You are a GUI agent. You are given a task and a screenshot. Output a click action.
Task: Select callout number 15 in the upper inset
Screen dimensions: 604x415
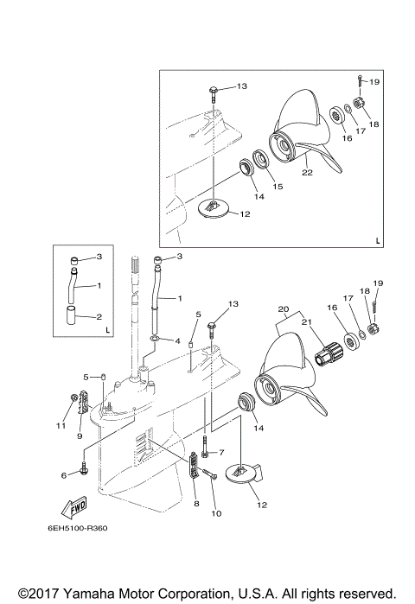click(278, 186)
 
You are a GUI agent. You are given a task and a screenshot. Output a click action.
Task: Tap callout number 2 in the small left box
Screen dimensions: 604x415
click(99, 317)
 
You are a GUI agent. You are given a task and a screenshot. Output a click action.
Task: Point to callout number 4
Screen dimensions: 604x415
click(177, 340)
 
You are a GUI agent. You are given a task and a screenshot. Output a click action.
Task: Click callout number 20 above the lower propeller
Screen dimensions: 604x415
click(282, 308)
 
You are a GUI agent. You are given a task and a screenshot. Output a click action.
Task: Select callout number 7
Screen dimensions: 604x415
click(221, 452)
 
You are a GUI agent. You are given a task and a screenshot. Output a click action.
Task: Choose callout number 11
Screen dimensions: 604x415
click(61, 426)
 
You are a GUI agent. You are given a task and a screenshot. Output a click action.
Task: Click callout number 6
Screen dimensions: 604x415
click(63, 475)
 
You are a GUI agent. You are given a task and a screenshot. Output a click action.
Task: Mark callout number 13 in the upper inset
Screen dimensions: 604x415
click(241, 87)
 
